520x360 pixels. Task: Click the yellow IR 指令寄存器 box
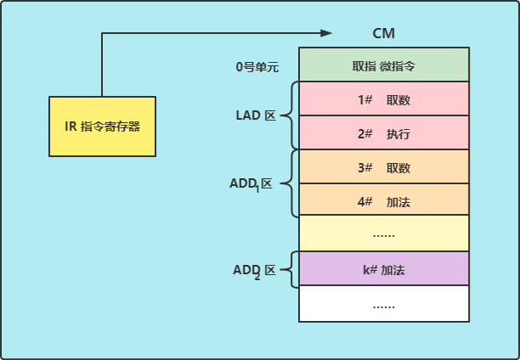click(x=102, y=127)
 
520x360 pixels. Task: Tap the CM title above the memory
click(x=383, y=33)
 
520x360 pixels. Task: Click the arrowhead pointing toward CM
click(x=325, y=33)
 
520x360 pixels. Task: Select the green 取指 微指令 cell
click(x=383, y=65)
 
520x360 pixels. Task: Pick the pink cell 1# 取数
click(x=383, y=99)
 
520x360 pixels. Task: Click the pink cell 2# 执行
click(x=383, y=133)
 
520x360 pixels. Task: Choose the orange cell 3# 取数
click(x=383, y=167)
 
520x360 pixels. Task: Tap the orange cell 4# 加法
click(x=383, y=201)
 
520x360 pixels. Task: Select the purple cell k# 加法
click(x=383, y=269)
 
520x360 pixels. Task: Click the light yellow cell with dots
click(x=383, y=233)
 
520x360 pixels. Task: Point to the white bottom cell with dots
click(x=383, y=304)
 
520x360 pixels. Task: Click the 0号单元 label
click(x=257, y=65)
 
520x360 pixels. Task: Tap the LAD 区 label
click(x=256, y=115)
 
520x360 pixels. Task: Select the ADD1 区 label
click(x=252, y=184)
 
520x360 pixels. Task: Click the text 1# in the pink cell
click(x=366, y=99)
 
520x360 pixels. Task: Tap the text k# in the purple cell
click(x=369, y=269)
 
